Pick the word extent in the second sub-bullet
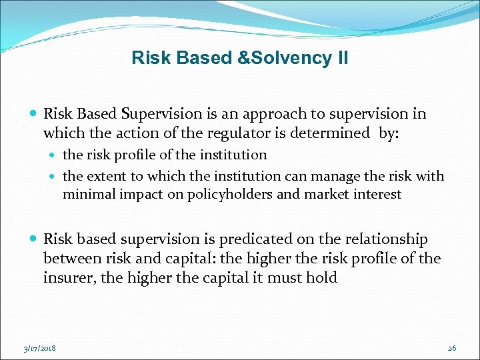109,176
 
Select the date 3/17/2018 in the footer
39,348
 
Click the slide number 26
452,348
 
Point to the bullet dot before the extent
54,177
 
